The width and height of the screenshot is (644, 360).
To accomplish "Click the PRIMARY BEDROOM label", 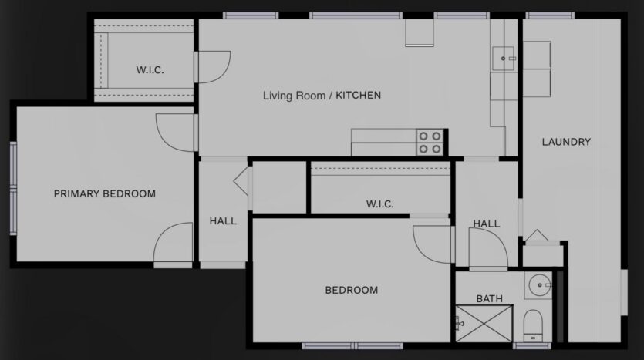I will [x=104, y=193].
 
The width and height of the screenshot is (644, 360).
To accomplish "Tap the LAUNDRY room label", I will [x=566, y=142].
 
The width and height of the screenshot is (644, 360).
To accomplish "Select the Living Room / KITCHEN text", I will [x=322, y=96].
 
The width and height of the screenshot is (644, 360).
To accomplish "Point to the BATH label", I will [x=489, y=298].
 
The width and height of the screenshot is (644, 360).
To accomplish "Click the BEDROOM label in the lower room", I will [x=351, y=291].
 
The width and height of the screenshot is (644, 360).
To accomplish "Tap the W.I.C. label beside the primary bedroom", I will [x=150, y=70].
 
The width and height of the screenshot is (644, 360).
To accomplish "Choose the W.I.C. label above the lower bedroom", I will [x=379, y=204].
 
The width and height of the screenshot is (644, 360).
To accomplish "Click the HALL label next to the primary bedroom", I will [x=223, y=221].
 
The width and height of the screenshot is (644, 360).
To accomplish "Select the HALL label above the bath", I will [x=486, y=224].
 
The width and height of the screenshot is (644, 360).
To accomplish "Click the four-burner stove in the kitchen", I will [x=430, y=141].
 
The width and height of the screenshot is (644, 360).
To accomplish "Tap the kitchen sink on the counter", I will [x=505, y=57].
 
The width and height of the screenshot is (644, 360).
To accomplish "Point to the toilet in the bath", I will [x=533, y=323].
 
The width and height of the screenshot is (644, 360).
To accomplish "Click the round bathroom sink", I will [x=538, y=285].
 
